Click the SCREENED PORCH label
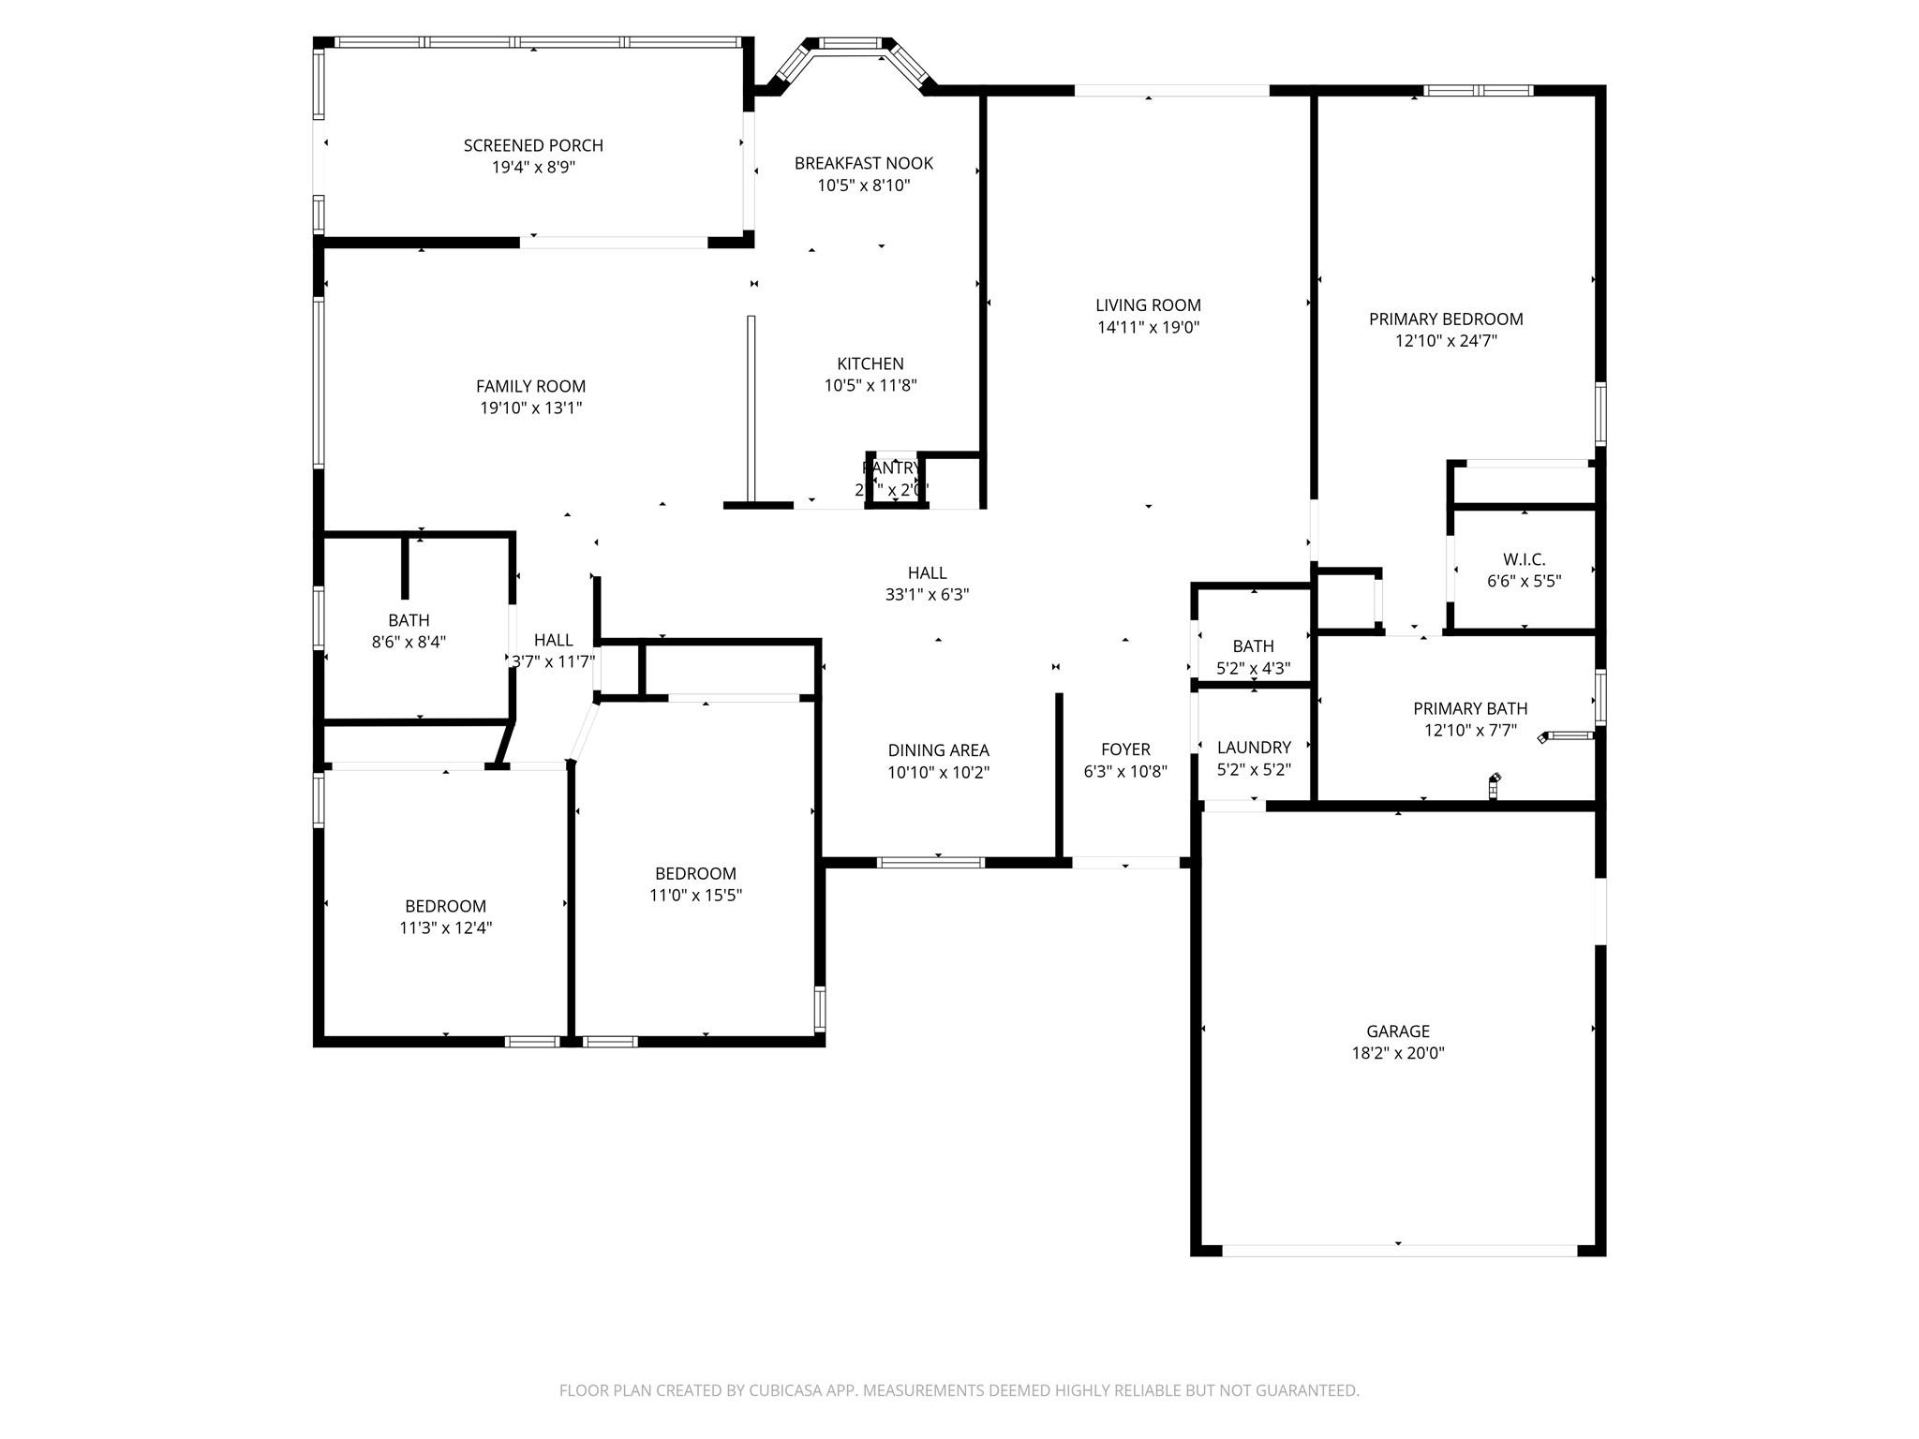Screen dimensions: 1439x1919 point(533,145)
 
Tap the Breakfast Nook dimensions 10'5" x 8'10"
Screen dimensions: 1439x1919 point(863,185)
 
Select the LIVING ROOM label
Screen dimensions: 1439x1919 point(1148,305)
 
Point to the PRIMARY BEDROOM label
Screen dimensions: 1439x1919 point(1445,319)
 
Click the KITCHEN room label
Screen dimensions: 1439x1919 point(870,363)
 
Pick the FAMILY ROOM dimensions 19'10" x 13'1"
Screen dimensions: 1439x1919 point(530,408)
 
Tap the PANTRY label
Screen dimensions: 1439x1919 point(891,467)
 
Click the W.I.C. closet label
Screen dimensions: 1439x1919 point(1524,559)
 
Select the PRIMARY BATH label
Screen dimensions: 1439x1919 point(1469,709)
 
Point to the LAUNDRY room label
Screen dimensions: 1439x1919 point(1254,748)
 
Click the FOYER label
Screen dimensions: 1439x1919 point(1125,749)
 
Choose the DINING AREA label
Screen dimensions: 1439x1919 point(938,750)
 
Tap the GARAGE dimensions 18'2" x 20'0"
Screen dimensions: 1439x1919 point(1397,1053)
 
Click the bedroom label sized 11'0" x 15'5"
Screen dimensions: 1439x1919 point(695,874)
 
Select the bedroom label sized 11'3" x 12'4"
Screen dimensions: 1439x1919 point(445,907)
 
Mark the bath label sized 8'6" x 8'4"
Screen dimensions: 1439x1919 point(409,620)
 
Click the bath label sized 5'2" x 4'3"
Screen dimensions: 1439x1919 point(1253,646)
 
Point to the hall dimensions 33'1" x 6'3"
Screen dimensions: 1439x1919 point(927,595)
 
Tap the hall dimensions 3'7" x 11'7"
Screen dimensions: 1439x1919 point(553,662)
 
